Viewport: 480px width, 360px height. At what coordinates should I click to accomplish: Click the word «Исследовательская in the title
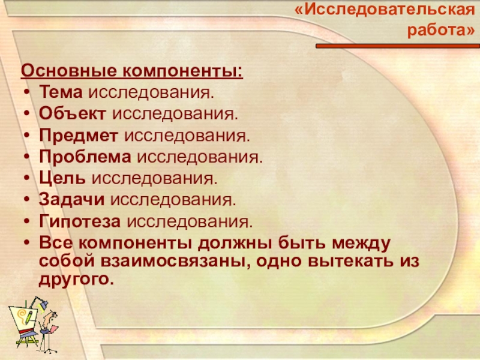[x=384, y=10]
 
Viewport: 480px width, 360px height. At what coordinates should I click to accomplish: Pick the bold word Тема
[x=62, y=93]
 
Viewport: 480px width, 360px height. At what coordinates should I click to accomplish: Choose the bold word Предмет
[x=80, y=134]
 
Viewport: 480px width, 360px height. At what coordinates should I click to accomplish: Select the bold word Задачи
[x=73, y=199]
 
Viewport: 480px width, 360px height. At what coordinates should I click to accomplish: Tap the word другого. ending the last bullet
[x=76, y=279]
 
